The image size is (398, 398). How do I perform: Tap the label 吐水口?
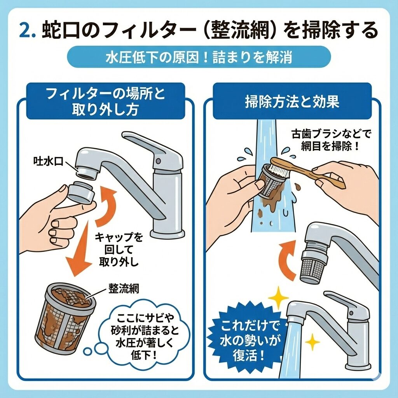click(x=48, y=161)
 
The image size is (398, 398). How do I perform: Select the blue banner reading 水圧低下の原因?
click(x=199, y=57)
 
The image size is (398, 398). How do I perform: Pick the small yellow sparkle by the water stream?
click(x=312, y=342)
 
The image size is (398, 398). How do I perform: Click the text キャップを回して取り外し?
click(x=119, y=250)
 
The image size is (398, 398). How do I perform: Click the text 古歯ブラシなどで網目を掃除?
click(x=331, y=140)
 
